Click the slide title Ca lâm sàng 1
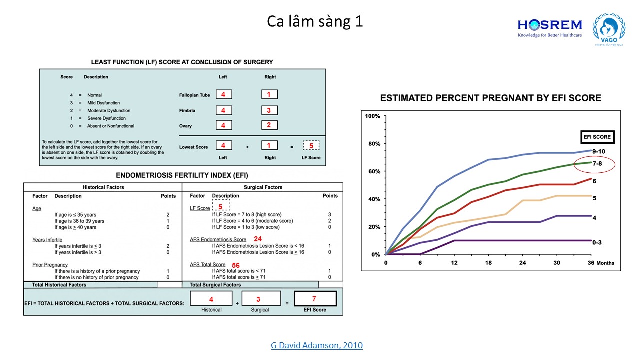click(x=315, y=22)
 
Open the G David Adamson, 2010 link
click(x=317, y=345)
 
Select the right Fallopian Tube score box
click(x=269, y=94)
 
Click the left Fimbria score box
click(x=224, y=110)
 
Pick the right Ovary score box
click(x=269, y=125)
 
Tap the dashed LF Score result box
click(x=311, y=145)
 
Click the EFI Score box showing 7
click(x=315, y=299)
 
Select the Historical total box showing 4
click(x=211, y=299)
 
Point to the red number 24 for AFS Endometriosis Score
click(x=258, y=239)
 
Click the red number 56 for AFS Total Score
click(x=236, y=265)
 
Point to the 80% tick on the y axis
click(x=373, y=144)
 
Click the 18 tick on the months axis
click(x=488, y=263)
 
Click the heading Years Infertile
click(x=47, y=240)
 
